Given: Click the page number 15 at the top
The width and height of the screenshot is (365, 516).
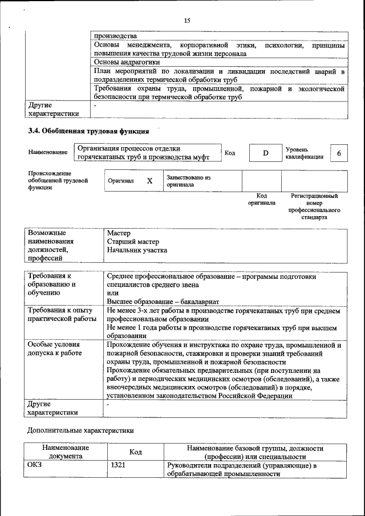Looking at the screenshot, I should (186, 21).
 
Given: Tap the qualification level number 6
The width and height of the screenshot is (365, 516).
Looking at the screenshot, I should (339, 153).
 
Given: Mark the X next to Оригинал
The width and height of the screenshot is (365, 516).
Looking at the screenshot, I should (149, 181).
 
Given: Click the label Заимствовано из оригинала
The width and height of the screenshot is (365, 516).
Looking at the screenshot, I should (189, 181).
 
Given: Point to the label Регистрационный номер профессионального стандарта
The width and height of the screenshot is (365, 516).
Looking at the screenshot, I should (314, 206).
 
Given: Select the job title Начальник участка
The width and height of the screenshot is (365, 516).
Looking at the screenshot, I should (137, 250).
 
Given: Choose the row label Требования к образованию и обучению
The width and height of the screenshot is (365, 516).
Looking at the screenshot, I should (52, 285).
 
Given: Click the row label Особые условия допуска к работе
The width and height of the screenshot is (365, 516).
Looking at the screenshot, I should (54, 349).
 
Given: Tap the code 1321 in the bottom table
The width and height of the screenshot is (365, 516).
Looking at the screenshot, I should (118, 465).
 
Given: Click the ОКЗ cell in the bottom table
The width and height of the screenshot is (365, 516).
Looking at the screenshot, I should (35, 465).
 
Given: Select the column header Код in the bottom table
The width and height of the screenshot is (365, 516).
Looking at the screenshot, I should (135, 452).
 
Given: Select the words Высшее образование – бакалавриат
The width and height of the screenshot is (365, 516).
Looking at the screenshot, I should (163, 302).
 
